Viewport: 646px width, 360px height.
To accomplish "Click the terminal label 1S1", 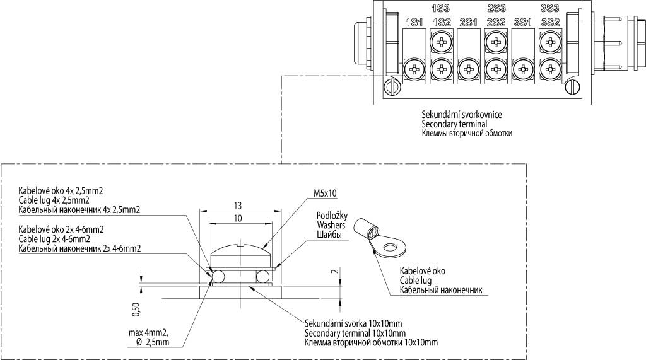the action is click(414, 22).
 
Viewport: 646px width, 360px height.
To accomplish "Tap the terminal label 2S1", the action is click(468, 22).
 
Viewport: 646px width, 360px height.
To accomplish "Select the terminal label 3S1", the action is click(523, 22).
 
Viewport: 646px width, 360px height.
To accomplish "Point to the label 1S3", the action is click(441, 8).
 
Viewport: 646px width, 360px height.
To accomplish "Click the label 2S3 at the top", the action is click(496, 8).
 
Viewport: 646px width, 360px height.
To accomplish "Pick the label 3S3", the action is click(549, 8).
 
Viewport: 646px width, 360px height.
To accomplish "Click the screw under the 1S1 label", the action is click(414, 69).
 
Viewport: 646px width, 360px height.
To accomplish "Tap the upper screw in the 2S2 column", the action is click(496, 42).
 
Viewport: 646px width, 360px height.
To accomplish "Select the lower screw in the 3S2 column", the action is click(549, 69).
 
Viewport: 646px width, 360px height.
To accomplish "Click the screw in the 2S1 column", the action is click(468, 69).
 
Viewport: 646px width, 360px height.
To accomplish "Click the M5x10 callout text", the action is click(326, 193).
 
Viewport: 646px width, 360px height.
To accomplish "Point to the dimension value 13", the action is click(238, 206).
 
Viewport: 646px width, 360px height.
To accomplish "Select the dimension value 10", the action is click(238, 219).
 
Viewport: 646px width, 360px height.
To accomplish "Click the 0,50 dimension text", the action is click(136, 310).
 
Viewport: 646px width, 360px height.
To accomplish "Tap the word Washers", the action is click(331, 225).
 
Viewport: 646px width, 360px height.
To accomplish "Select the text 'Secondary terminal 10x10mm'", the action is click(355, 333).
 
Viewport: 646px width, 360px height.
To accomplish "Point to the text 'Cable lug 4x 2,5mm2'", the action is click(54, 200).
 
